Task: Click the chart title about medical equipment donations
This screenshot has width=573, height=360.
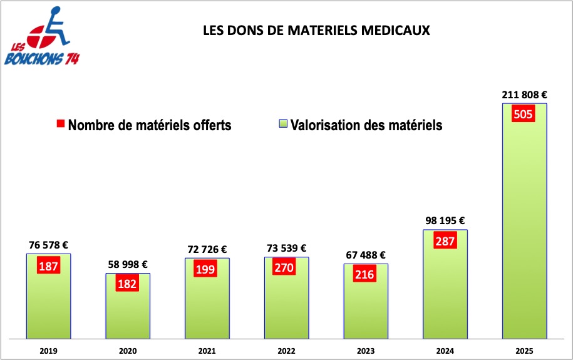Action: pos(316,31)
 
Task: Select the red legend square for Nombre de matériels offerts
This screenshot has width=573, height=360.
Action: pos(60,125)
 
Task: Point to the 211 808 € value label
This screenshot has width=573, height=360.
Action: pos(524,95)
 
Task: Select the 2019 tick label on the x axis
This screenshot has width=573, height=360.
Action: pos(48,351)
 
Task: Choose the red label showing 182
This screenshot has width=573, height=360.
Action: pos(127,284)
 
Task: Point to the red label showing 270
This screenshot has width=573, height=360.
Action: pos(286,267)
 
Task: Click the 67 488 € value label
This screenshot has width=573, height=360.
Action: pos(365,255)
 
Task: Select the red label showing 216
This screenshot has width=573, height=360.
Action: pos(365,274)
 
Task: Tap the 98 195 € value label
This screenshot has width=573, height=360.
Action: pos(445,221)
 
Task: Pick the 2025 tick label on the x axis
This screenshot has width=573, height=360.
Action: pos(524,351)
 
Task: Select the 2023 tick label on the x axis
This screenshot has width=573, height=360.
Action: pos(365,351)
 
